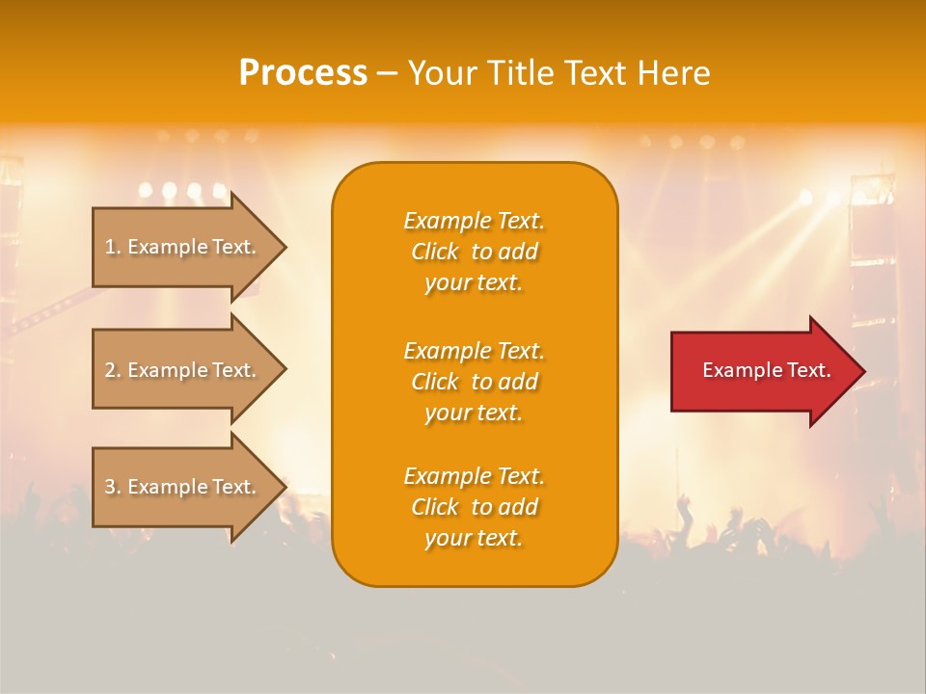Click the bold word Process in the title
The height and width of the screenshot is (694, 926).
303,73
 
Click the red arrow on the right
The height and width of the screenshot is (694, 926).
762,370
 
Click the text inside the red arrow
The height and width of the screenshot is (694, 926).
766,370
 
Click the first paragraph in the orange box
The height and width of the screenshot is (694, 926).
474,252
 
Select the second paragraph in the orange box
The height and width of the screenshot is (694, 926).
474,381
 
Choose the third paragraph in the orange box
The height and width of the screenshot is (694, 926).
474,507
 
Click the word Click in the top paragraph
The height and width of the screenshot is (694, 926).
435,252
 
